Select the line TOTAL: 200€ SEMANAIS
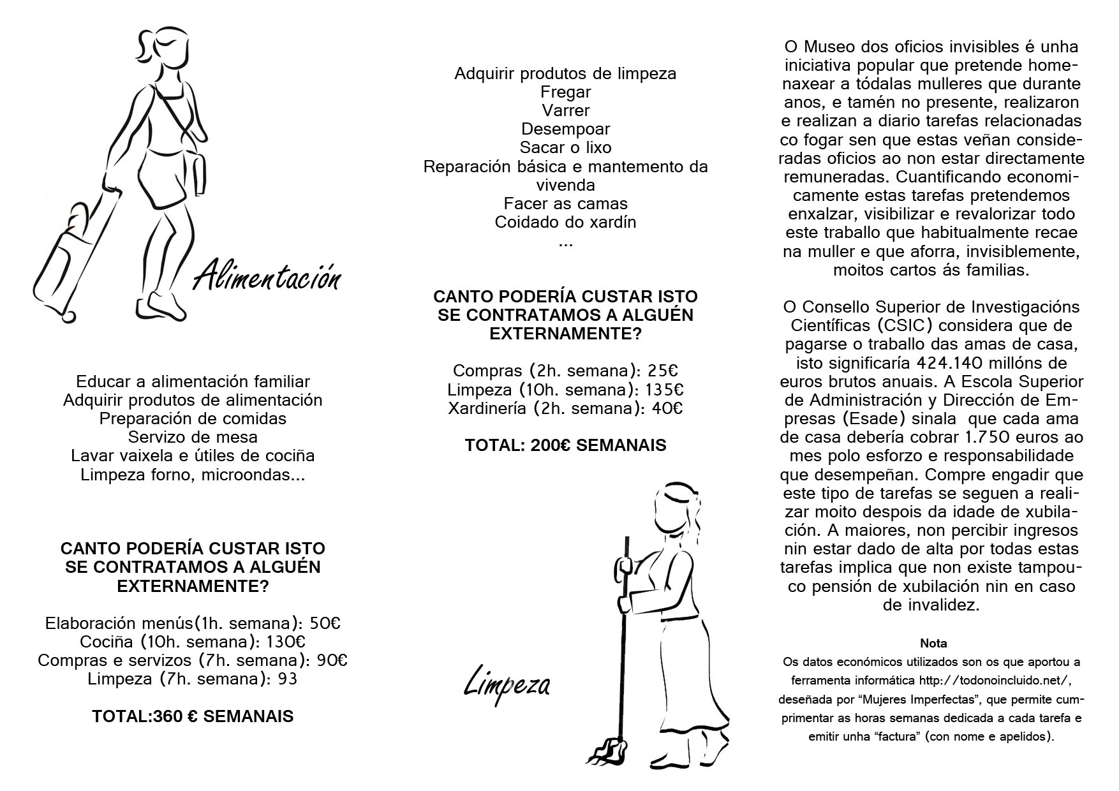565,445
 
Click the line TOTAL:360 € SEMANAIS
193,716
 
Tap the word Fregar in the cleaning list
565,92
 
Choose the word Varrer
565,110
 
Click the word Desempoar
565,129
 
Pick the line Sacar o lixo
565,147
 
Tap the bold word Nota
933,643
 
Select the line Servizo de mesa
193,437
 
